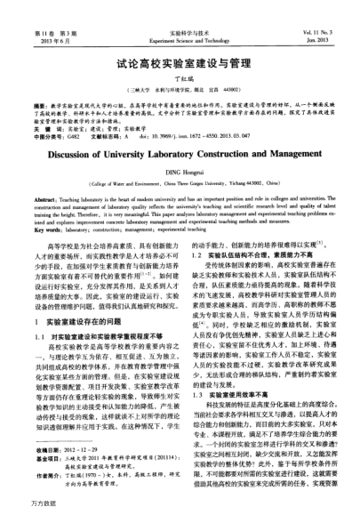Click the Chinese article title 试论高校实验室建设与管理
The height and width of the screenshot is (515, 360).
click(x=180, y=66)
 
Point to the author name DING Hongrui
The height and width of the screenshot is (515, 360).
click(x=180, y=172)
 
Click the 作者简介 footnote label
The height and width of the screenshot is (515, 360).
click(x=49, y=475)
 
